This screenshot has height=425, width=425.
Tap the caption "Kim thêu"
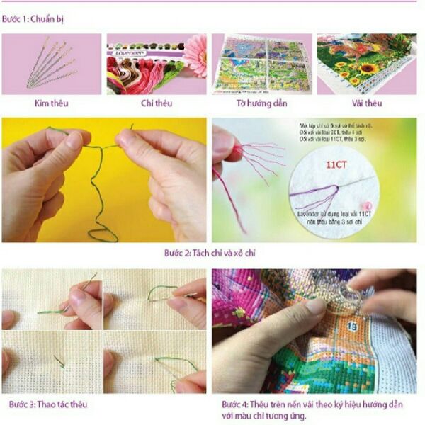[x=51, y=103]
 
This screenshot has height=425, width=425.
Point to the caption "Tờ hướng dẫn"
[x=260, y=103]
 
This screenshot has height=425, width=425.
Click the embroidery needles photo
[x=51, y=64]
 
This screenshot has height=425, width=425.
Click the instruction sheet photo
[x=261, y=64]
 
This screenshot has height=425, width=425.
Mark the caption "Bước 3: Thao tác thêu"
[x=48, y=404]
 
